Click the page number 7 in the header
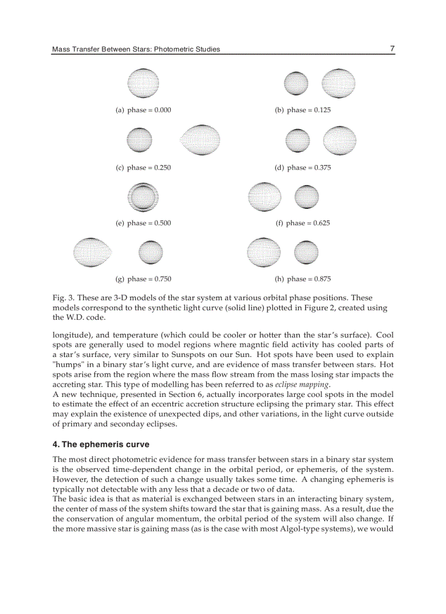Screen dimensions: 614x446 click(x=392, y=49)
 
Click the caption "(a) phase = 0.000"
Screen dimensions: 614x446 click(x=143, y=110)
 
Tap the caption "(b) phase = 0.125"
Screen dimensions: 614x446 click(x=303, y=110)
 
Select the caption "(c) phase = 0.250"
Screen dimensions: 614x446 click(x=143, y=168)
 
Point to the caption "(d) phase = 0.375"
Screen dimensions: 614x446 click(x=303, y=168)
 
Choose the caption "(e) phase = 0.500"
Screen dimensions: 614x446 click(x=143, y=223)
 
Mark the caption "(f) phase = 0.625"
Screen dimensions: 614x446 click(x=303, y=223)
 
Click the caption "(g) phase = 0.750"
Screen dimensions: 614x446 click(x=143, y=279)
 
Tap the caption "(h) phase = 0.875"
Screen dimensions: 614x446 click(x=303, y=279)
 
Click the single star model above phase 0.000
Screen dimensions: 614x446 click(x=143, y=84)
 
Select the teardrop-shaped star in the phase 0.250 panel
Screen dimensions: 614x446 click(x=200, y=141)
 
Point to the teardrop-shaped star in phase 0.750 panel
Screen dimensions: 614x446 click(x=92, y=252)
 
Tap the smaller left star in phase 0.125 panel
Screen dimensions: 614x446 click(x=297, y=85)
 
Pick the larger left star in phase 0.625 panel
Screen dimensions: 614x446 click(x=264, y=197)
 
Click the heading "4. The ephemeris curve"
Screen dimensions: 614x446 click(x=101, y=445)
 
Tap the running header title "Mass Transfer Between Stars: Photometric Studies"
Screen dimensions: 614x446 click(x=136, y=49)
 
